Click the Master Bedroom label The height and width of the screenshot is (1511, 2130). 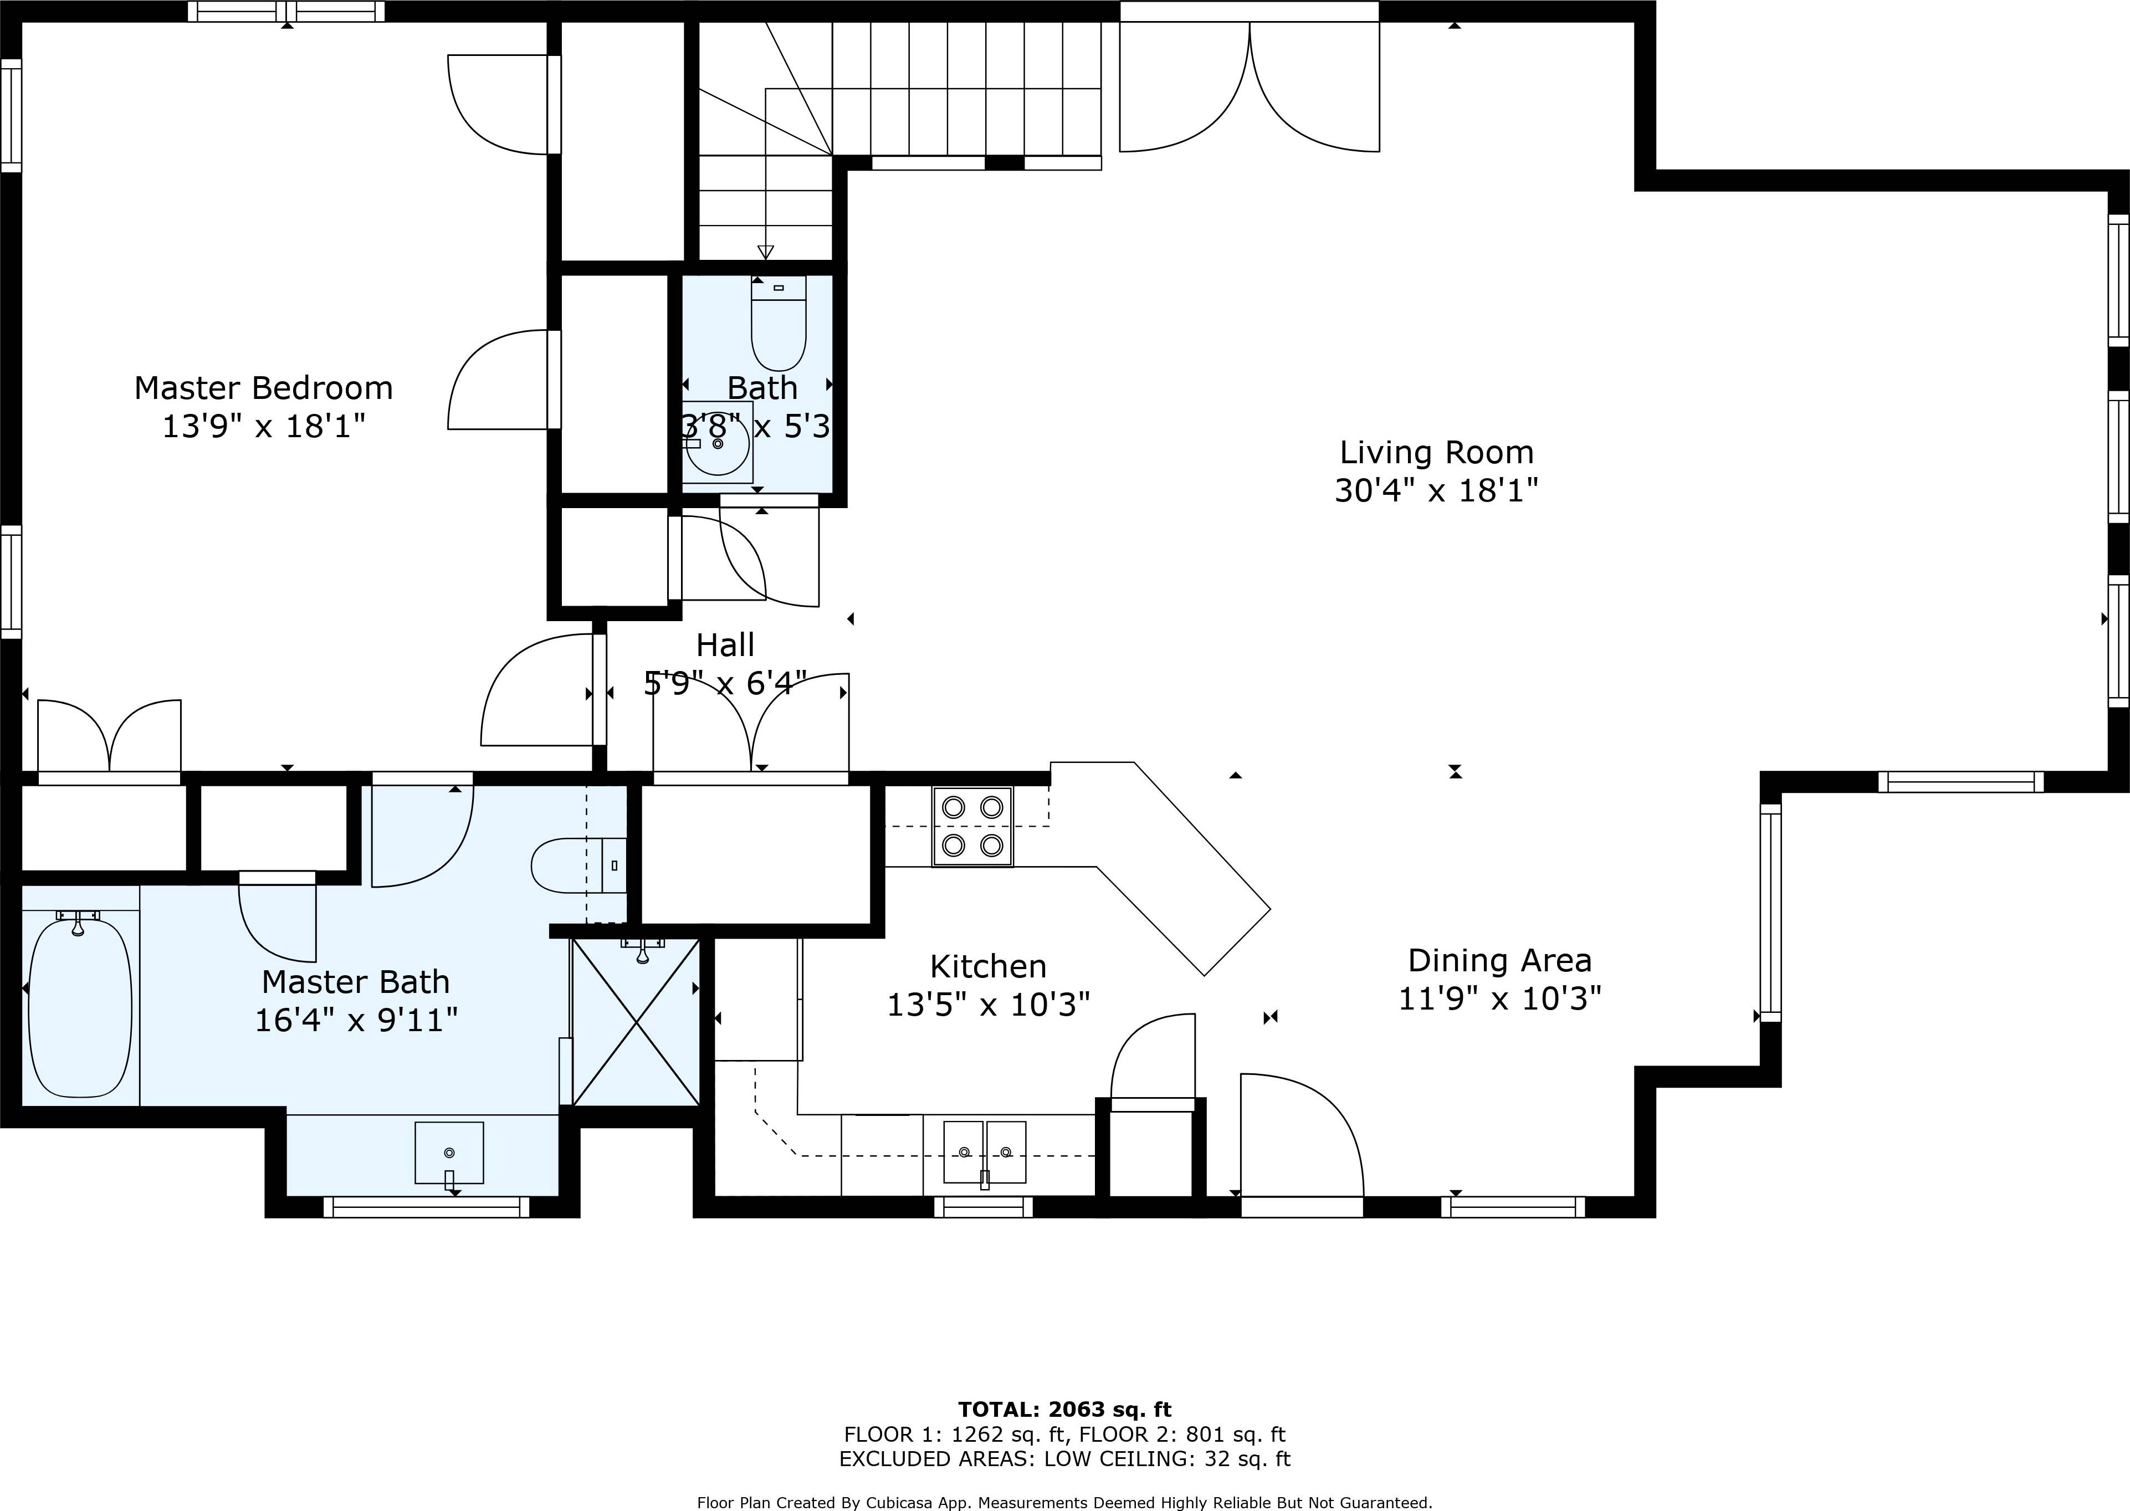click(263, 388)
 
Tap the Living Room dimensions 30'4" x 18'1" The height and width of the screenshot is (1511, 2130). click(1436, 490)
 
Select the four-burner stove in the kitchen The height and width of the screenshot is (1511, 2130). click(972, 826)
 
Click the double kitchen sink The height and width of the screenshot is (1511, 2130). click(985, 1152)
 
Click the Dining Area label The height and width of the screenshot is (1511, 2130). click(1499, 960)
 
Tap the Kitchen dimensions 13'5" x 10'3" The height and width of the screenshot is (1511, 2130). click(988, 1005)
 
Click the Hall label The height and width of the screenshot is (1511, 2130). click(725, 645)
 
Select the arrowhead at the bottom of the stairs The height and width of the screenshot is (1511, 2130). click(765, 251)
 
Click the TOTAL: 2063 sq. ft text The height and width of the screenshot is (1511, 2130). click(1064, 1410)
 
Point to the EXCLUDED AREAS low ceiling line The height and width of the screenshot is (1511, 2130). click(1064, 1459)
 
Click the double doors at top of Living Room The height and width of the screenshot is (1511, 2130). click(1249, 89)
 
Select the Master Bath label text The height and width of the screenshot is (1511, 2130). click(356, 982)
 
